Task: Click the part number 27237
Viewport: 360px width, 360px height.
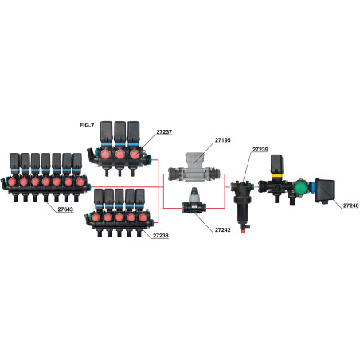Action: click(x=164, y=131)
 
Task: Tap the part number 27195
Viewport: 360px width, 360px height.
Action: click(x=222, y=140)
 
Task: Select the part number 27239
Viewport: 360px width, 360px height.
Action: click(x=260, y=150)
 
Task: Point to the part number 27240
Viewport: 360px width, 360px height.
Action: click(x=350, y=205)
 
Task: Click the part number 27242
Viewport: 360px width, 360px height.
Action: click(x=222, y=230)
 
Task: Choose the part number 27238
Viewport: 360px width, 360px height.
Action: click(x=161, y=236)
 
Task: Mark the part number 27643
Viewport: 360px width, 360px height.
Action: click(x=65, y=209)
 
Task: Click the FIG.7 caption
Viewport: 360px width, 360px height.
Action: click(x=87, y=125)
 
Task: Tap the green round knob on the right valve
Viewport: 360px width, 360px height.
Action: click(x=300, y=187)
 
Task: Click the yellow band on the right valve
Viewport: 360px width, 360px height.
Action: click(x=276, y=175)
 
